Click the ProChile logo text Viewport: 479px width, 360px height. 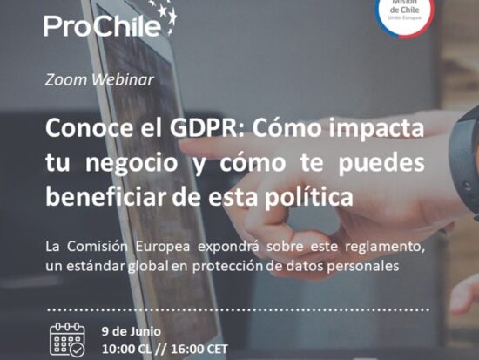pyautogui.click(x=102, y=25)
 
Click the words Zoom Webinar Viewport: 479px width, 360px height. pyautogui.click(x=99, y=80)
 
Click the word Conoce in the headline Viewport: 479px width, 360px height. pyautogui.click(x=90, y=128)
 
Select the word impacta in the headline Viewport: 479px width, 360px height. pyautogui.click(x=376, y=129)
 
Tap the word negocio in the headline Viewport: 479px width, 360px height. pyautogui.click(x=132, y=164)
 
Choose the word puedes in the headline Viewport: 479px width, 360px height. pyautogui.click(x=381, y=163)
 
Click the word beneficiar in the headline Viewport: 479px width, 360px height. pyautogui.click(x=105, y=197)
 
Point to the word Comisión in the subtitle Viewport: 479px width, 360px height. pyautogui.click(x=98, y=247)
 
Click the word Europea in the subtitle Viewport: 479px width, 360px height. pyautogui.click(x=163, y=248)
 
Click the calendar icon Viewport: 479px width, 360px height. pyautogui.click(x=68, y=339)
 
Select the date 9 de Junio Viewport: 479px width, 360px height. pyautogui.click(x=132, y=332)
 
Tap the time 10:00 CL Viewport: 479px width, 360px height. pyautogui.click(x=126, y=350)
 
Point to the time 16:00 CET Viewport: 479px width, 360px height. pyautogui.click(x=199, y=350)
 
